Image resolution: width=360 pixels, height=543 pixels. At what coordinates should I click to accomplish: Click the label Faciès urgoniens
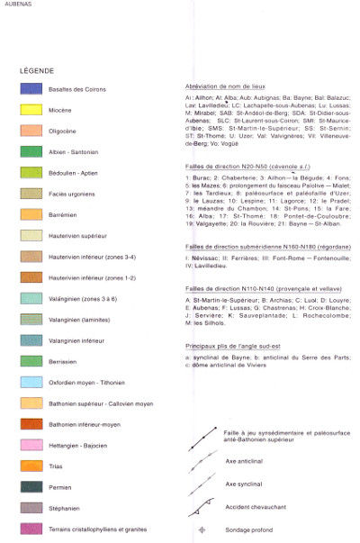[94, 194]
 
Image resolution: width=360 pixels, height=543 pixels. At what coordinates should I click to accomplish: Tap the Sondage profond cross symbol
[202, 529]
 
